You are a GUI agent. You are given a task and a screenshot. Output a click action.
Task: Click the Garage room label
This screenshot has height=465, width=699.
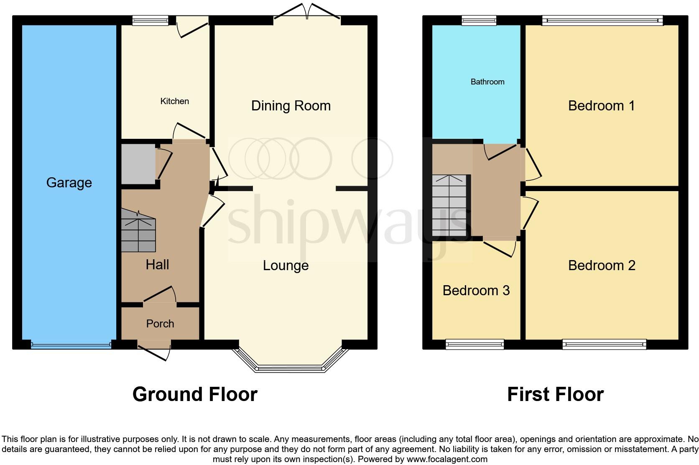click(69, 183)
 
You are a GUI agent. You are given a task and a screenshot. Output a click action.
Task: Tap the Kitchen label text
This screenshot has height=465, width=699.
click(174, 101)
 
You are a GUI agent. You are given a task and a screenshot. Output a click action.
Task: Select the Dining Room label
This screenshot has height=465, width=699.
click(291, 106)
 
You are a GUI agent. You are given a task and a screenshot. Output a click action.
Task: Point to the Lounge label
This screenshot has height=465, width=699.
click(286, 266)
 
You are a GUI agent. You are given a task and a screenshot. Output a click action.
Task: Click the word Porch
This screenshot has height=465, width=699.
click(160, 324)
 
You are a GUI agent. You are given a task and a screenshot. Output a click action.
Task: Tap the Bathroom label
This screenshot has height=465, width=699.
click(487, 82)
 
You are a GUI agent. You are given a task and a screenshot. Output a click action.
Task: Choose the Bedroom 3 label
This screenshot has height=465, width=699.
click(476, 291)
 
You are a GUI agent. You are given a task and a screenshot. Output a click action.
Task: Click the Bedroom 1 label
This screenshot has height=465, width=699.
click(601, 106)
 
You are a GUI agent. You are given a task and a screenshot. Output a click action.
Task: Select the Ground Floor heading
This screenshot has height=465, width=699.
click(195, 394)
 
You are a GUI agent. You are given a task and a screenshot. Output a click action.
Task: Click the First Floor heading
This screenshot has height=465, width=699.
click(555, 394)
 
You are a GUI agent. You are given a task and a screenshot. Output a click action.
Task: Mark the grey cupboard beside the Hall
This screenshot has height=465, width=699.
click(138, 164)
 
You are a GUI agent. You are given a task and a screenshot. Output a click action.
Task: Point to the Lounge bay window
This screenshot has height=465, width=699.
click(291, 368)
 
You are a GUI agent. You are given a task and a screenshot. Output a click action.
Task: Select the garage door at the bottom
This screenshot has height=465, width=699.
click(71, 346)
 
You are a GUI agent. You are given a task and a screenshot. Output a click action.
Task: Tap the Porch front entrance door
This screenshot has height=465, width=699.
click(154, 349)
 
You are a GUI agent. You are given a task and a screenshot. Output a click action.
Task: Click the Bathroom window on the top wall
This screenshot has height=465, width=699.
click(479, 20)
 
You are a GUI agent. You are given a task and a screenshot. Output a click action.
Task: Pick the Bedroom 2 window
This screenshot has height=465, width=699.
click(604, 345)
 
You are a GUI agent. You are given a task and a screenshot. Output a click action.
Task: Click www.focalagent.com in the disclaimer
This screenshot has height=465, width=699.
click(447, 459)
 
